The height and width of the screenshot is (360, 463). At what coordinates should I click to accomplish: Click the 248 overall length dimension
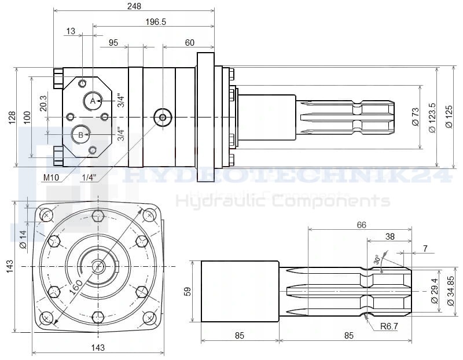pyautogui.click(x=133, y=6)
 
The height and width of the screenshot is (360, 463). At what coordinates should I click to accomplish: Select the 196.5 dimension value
pyautogui.click(x=155, y=21)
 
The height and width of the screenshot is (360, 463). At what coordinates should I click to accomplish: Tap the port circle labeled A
pyautogui.click(x=92, y=101)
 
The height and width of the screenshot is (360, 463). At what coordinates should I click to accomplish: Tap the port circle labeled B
pyautogui.click(x=80, y=135)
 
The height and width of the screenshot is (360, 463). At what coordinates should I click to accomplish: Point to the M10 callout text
pyautogui.click(x=51, y=177)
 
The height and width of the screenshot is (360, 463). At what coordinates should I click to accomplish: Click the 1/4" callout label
pyautogui.click(x=89, y=177)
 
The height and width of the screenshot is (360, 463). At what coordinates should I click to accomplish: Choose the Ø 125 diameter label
pyautogui.click(x=449, y=116)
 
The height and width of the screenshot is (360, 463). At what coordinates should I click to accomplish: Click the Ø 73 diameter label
pyautogui.click(x=415, y=116)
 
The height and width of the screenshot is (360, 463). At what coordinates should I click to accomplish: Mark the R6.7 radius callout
pyautogui.click(x=389, y=327)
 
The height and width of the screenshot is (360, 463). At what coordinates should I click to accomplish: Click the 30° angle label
pyautogui.click(x=377, y=260)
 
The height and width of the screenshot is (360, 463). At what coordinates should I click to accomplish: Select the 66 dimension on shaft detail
pyautogui.click(x=361, y=225)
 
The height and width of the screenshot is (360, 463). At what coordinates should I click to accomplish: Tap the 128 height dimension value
pyautogui.click(x=11, y=117)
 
